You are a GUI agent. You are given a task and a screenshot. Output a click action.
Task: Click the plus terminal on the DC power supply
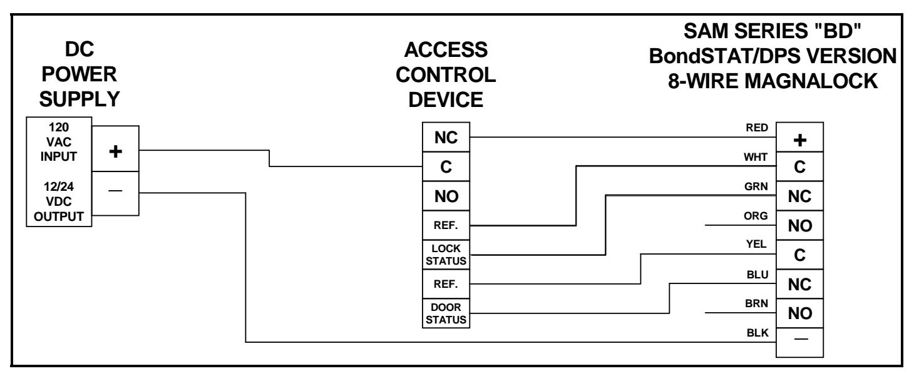pyautogui.click(x=115, y=149)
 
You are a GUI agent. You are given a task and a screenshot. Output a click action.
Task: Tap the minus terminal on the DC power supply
pyautogui.click(x=115, y=193)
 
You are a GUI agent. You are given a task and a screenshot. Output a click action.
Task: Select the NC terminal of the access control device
pyautogui.click(x=446, y=138)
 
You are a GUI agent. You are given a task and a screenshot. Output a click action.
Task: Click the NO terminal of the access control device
pyautogui.click(x=446, y=196)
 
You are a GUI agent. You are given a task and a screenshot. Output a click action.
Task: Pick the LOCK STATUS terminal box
pyautogui.click(x=446, y=255)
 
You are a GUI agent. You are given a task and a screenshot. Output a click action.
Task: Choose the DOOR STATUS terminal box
pyautogui.click(x=446, y=313)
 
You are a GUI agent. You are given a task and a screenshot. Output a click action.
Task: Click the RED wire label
pyautogui.click(x=757, y=128)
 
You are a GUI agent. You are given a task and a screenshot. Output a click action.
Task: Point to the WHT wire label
pyautogui.click(x=755, y=157)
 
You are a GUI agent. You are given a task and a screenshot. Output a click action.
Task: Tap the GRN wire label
pyautogui.click(x=756, y=186)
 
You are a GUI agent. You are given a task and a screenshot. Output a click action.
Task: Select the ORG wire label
pyautogui.click(x=756, y=216)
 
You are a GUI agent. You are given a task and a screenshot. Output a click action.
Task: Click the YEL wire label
pyautogui.click(x=756, y=244)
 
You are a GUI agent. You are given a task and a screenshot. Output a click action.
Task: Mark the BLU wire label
pyautogui.click(x=757, y=275)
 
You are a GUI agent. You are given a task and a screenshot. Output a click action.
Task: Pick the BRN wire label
pyautogui.click(x=756, y=303)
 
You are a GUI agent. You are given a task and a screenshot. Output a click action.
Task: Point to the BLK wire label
pyautogui.click(x=757, y=333)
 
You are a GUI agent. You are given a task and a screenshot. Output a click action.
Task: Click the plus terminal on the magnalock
pyautogui.click(x=800, y=138)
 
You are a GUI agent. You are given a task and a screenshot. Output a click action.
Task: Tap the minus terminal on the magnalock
pyautogui.click(x=800, y=343)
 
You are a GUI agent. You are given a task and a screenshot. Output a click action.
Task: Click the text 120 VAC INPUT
pyautogui.click(x=59, y=142)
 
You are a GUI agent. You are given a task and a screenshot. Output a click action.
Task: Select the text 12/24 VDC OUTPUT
pyautogui.click(x=59, y=201)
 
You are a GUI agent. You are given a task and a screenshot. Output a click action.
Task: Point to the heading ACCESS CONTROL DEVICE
pyautogui.click(x=446, y=74)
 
